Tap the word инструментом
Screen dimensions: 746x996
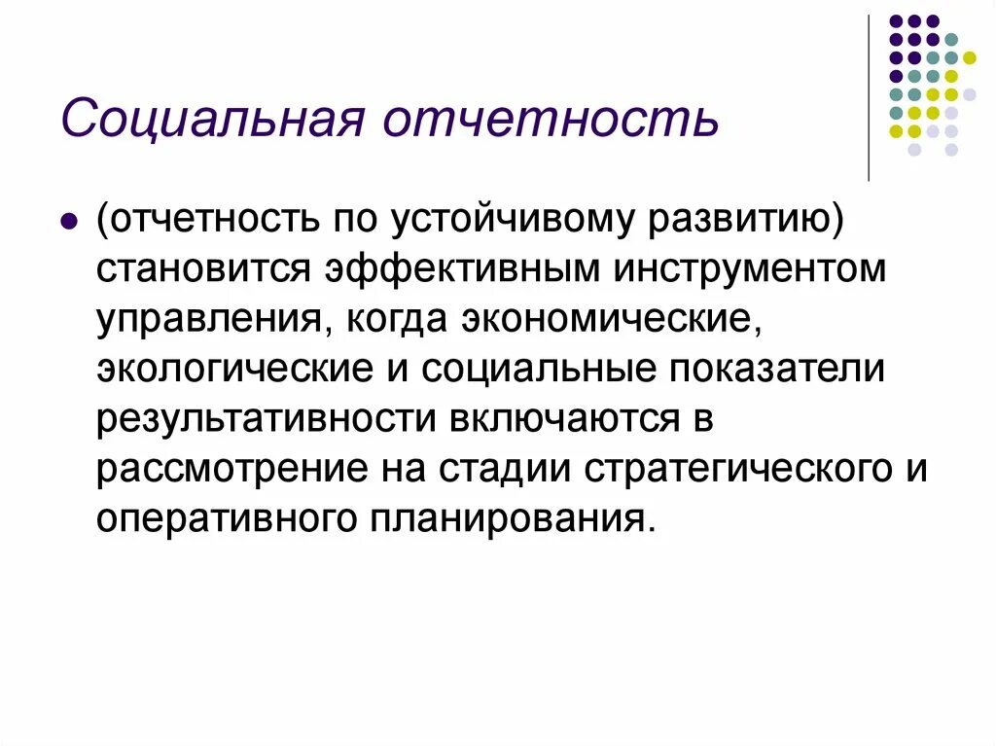coord(749,269)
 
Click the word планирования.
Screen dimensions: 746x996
coord(507,517)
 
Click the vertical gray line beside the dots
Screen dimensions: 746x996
coord(869,97)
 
